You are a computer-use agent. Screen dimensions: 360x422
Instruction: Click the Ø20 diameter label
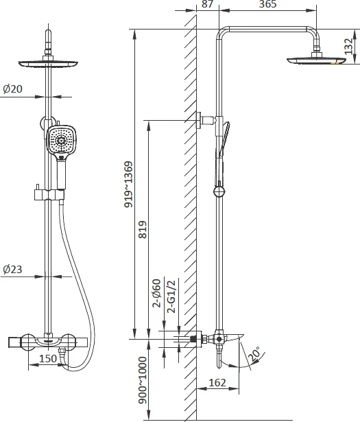coord(12,89)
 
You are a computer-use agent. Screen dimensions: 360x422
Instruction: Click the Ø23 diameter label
coord(12,269)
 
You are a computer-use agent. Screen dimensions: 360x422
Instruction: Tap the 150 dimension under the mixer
coord(48,358)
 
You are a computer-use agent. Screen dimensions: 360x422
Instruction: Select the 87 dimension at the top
coord(207,4)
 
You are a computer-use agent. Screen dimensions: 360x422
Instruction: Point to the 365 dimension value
coord(267,4)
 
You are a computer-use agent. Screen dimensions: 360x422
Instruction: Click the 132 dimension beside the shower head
coord(348,46)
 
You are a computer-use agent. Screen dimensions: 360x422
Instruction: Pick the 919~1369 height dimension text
coord(128,185)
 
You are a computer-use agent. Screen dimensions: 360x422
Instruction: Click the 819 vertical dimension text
coord(143,229)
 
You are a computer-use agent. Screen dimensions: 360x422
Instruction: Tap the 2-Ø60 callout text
coord(156,293)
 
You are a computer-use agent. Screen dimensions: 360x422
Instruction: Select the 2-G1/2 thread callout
coord(171,296)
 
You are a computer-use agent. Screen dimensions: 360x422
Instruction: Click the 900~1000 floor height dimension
coord(143,380)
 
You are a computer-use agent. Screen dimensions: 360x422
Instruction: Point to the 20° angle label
coord(254,353)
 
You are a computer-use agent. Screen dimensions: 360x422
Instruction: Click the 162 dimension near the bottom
coord(217,382)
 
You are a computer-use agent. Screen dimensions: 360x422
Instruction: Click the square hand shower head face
coord(62,141)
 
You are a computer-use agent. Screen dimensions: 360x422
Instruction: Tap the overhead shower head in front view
coord(48,65)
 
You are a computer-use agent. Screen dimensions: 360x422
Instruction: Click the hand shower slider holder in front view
coord(49,194)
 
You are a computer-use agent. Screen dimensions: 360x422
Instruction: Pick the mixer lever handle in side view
coord(233,336)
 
